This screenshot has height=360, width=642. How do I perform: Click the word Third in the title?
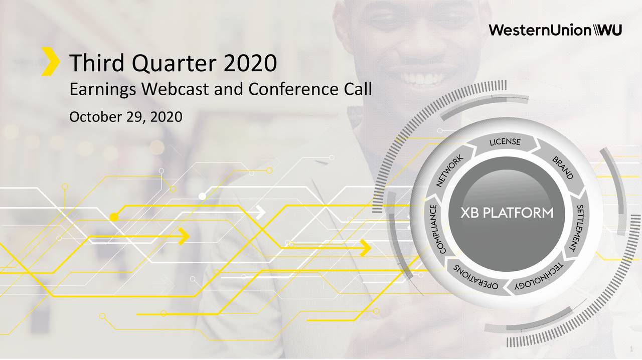pos(97,63)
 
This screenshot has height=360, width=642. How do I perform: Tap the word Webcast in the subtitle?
pos(175,89)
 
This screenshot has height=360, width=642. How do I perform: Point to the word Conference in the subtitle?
pos(293,89)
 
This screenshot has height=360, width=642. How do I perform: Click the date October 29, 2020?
pos(126,117)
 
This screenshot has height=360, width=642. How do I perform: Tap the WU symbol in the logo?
pos(607,30)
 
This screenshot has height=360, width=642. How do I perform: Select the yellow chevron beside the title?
pos(51,61)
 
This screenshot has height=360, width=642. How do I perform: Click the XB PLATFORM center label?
pos(507,213)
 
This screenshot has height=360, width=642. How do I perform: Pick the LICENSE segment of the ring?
pos(505,142)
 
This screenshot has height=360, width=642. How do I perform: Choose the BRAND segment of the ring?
pos(563,168)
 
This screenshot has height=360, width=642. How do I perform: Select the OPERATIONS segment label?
pos(476,277)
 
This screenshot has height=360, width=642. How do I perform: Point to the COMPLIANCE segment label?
pos(435,229)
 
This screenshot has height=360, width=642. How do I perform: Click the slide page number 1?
pos(631,349)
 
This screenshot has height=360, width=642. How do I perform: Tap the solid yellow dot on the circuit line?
pos(114,217)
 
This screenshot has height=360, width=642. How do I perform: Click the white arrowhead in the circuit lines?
pos(260,213)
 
